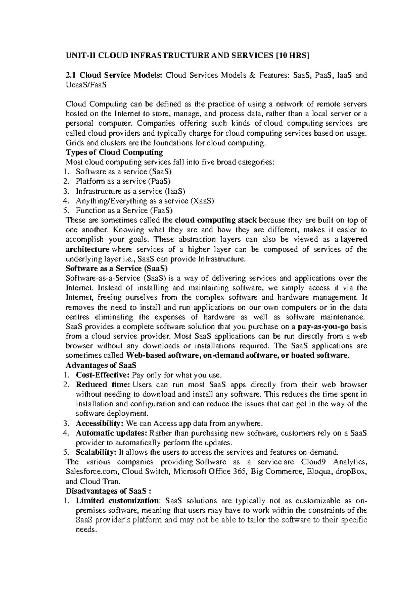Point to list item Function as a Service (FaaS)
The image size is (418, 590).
coord(124,210)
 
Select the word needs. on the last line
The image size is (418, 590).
coord(85,530)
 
